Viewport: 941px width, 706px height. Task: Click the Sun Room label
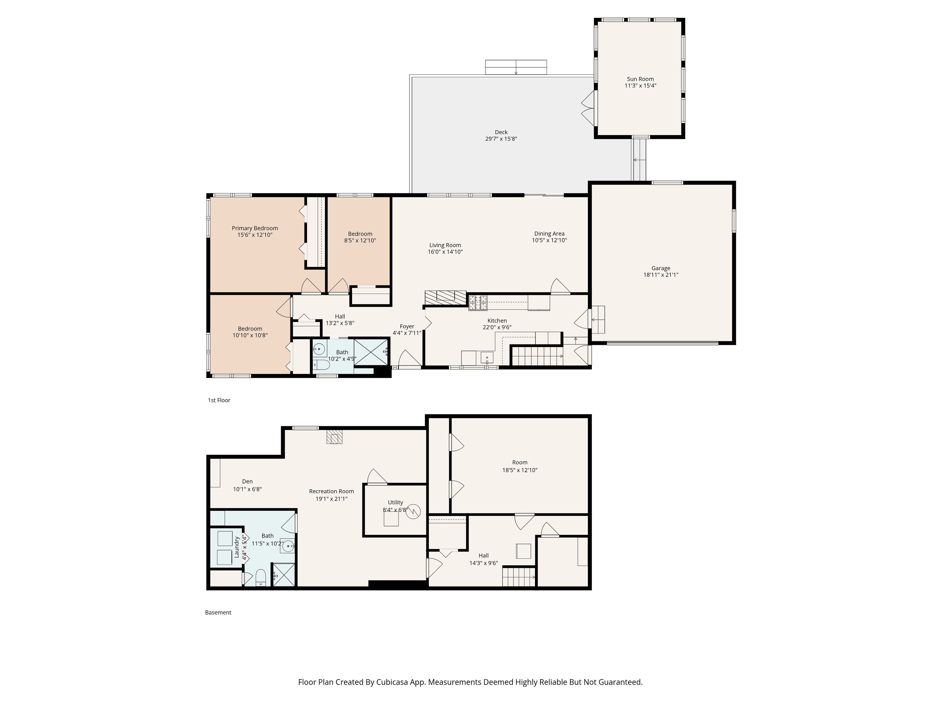coord(640,79)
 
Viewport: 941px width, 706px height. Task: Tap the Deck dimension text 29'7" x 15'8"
coord(501,139)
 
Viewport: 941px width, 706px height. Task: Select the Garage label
coord(661,268)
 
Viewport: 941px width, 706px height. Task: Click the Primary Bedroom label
coord(255,228)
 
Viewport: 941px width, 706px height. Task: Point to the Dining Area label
coord(549,234)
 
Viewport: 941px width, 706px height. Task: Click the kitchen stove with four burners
coord(478,303)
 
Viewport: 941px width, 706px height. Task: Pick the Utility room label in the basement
coord(395,502)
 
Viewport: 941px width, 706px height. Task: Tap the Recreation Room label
coord(331,491)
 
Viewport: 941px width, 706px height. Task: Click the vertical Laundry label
coord(236,547)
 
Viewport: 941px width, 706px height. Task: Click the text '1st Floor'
coord(219,400)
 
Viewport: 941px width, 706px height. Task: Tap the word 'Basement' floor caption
coord(218,612)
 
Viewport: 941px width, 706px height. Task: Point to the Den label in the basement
coord(247,481)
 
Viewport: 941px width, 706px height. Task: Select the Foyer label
coord(407,327)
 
